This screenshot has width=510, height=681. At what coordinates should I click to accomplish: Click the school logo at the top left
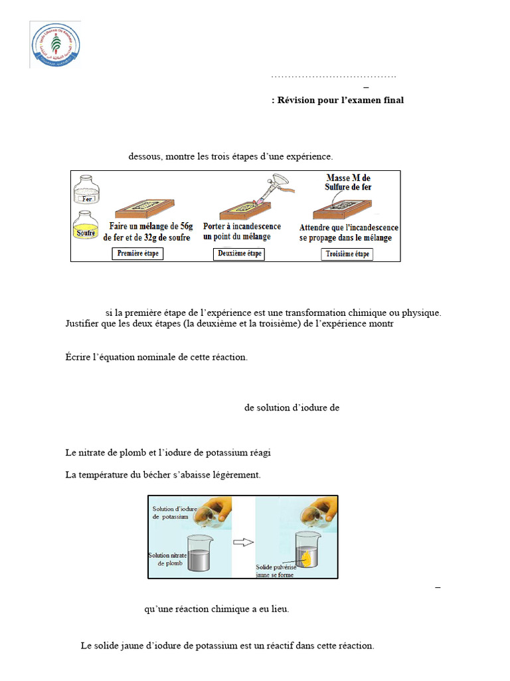point(55,45)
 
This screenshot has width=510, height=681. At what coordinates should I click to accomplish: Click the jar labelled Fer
point(85,192)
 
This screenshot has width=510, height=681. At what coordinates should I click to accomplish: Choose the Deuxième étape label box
point(240,253)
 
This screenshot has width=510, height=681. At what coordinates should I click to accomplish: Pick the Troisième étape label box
point(347,254)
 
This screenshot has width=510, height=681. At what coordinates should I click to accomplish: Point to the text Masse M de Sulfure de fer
point(349,182)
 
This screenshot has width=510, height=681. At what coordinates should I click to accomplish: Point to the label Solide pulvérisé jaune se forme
point(276,571)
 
